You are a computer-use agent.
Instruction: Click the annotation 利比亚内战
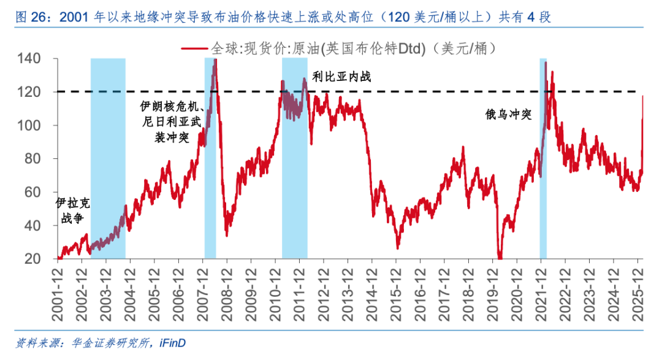(x=341, y=77)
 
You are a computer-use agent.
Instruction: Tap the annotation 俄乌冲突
(x=508, y=115)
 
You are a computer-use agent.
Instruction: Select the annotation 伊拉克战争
(x=69, y=210)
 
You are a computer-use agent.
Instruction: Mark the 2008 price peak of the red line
(x=215, y=61)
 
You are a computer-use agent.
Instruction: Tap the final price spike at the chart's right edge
(x=642, y=98)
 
